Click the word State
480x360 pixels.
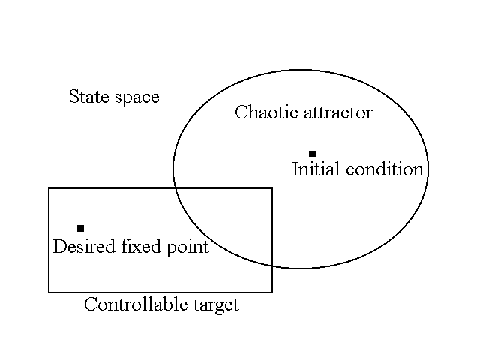(85, 97)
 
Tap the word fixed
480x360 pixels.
(140, 247)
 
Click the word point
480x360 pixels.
(188, 247)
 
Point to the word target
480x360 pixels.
(214, 305)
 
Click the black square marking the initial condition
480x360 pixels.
(312, 154)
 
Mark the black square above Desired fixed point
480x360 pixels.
(80, 228)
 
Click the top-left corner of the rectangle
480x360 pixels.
(49, 188)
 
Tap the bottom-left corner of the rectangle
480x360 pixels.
(49, 292)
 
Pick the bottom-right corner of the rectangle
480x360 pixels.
(271, 292)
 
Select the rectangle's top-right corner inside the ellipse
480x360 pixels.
(271, 188)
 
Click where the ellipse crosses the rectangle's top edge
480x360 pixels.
(175, 188)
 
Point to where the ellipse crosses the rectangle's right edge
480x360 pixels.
(271, 265)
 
